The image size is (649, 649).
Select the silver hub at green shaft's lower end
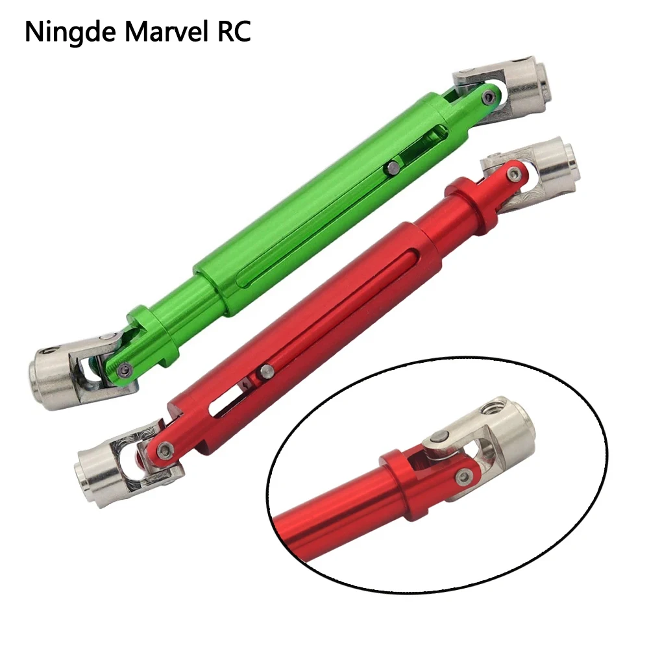(50, 377)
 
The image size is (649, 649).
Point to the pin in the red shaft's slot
(266, 371)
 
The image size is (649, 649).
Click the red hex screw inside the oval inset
(463, 477)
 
